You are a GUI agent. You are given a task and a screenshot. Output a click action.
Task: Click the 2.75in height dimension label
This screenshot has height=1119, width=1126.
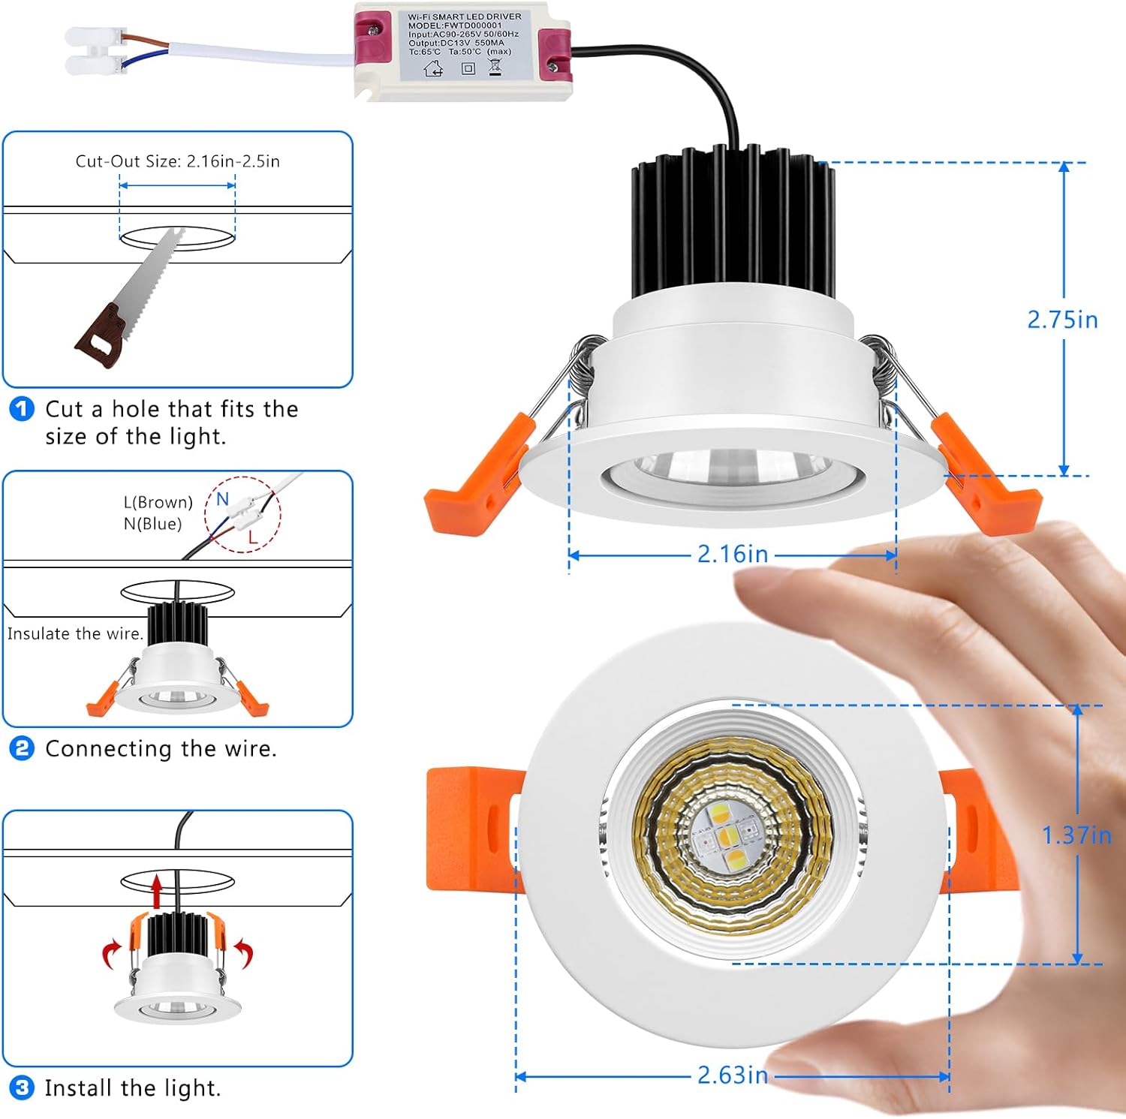tap(1062, 320)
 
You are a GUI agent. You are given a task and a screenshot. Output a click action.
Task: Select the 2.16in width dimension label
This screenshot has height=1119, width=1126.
tap(733, 555)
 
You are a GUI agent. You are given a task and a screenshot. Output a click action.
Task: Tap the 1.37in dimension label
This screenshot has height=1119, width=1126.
tap(1076, 835)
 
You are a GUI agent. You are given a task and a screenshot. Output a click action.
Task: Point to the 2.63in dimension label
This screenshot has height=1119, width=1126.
tap(733, 1075)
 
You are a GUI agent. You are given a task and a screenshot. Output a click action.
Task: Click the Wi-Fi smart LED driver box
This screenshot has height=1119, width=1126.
tap(462, 51)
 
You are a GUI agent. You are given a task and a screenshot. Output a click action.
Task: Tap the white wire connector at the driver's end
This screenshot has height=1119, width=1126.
tap(95, 50)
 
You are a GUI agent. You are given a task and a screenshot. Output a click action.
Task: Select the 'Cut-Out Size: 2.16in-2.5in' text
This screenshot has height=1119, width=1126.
tap(177, 161)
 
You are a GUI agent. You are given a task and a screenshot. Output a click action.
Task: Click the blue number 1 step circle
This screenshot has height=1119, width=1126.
tap(22, 409)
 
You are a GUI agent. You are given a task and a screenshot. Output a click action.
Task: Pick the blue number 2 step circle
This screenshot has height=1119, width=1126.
tap(22, 748)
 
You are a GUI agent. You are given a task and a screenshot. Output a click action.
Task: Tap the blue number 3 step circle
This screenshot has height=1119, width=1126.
tap(22, 1087)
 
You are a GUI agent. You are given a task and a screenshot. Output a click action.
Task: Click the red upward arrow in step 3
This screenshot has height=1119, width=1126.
tap(156, 891)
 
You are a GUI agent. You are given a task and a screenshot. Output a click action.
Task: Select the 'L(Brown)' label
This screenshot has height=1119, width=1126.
tap(158, 502)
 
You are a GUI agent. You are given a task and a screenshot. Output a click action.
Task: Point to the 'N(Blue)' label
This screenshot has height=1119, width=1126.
tap(153, 524)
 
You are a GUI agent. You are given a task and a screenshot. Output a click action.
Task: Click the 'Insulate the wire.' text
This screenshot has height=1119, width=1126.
tap(74, 634)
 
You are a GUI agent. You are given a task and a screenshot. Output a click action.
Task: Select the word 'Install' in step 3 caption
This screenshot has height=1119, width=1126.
tap(79, 1087)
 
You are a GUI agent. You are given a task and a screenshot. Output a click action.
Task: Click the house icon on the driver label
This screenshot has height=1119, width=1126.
tap(434, 69)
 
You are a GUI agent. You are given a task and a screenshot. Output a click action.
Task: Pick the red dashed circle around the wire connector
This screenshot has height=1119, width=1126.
tap(243, 515)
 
